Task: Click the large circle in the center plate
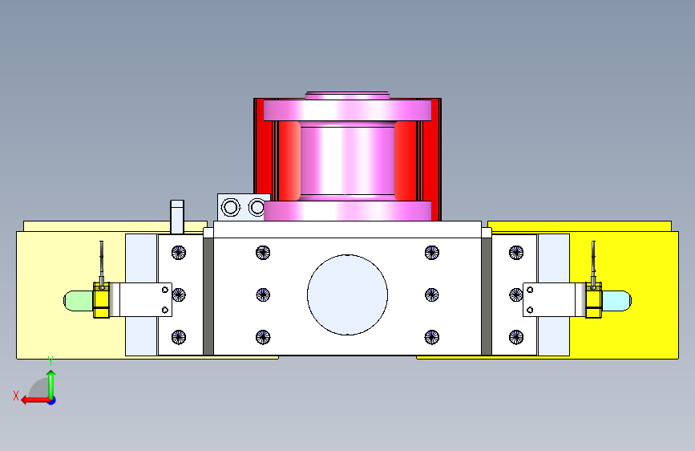click(x=348, y=295)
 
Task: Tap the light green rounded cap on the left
click(x=78, y=300)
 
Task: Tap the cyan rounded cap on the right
click(x=616, y=300)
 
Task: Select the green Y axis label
click(x=51, y=360)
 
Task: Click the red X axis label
click(x=16, y=396)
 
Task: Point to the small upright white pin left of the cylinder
click(x=177, y=217)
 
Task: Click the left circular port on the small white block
click(x=230, y=207)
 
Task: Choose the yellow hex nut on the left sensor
click(x=102, y=300)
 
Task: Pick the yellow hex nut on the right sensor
click(x=593, y=300)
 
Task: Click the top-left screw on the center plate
click(x=263, y=253)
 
